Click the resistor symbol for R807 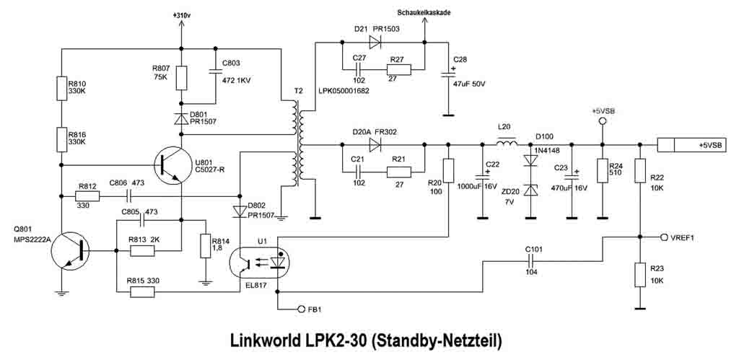[182, 77]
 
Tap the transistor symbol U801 [171, 164]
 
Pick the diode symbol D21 [374, 41]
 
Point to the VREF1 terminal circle [664, 237]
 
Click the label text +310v [182, 14]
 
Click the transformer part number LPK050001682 [344, 90]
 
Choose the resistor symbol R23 [639, 275]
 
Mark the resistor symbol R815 [142, 291]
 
